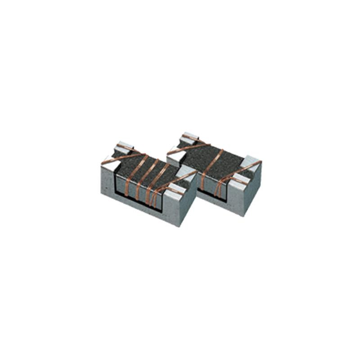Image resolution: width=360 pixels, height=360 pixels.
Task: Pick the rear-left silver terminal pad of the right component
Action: coord(187,136)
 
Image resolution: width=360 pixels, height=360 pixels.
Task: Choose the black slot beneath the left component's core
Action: coord(135,198)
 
